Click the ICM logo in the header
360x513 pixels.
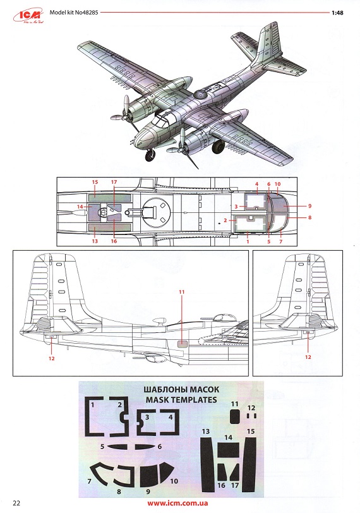[28, 16]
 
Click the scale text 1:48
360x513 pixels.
[337, 13]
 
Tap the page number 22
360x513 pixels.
[16, 503]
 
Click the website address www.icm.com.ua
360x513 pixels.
[177, 503]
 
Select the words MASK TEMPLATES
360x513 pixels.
[181, 400]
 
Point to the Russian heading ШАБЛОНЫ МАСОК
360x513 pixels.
[181, 390]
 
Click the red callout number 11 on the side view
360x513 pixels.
[182, 291]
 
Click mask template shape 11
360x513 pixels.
[234, 417]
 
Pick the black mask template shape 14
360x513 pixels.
[229, 450]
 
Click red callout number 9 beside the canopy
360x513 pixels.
[309, 206]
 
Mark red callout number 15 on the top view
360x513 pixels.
[95, 182]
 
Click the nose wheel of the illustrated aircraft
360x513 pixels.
[150, 155]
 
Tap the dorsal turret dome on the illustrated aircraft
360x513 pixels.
[200, 95]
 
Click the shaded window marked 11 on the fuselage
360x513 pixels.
[183, 344]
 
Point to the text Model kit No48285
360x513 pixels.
[74, 13]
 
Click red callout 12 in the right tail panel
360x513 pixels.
[308, 357]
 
